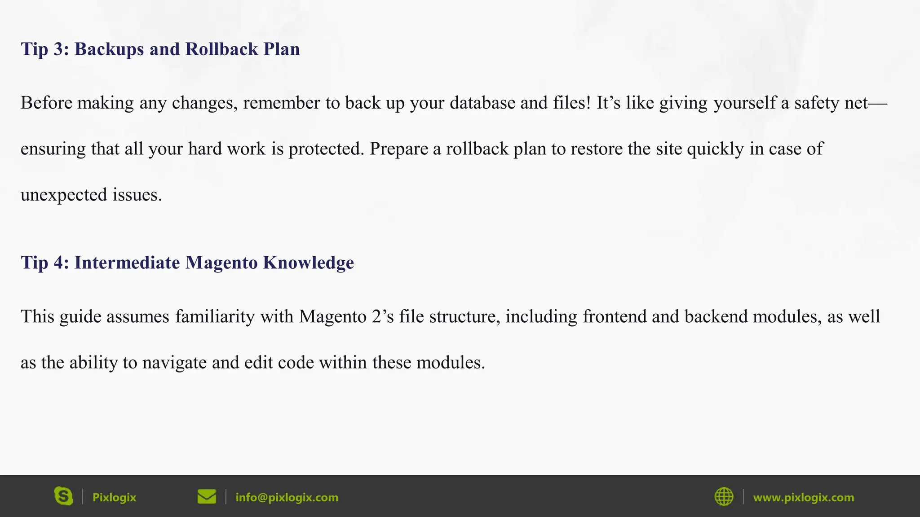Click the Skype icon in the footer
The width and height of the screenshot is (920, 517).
click(x=63, y=496)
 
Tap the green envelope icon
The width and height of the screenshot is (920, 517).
click(x=207, y=497)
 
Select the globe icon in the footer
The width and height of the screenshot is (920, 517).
click(x=724, y=497)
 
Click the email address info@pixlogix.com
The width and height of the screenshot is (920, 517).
click(x=287, y=497)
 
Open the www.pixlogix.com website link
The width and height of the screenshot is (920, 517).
click(x=803, y=497)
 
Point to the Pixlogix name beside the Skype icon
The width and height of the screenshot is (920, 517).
click(x=114, y=497)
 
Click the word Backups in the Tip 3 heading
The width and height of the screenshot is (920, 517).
click(x=109, y=49)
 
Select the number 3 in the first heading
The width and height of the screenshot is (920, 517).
click(x=58, y=49)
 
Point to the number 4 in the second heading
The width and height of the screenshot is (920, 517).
click(x=58, y=263)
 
